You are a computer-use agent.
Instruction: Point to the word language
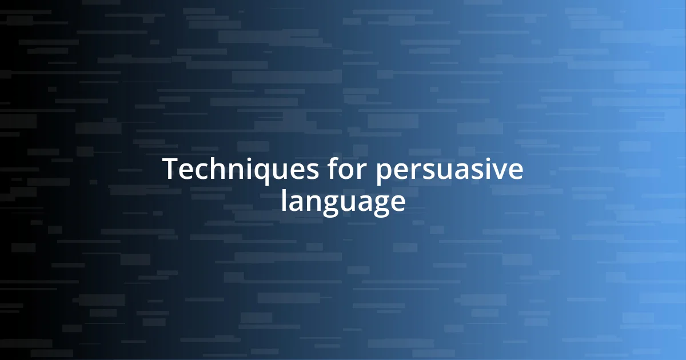(343, 203)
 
